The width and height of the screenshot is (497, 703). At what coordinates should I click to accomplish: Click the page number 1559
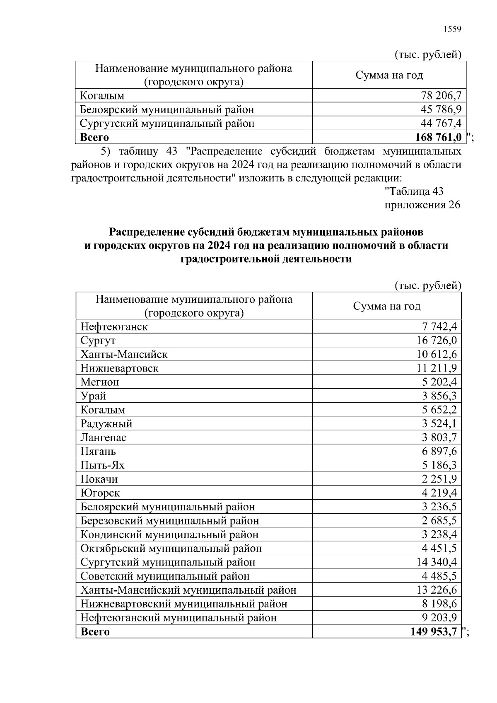[452, 29]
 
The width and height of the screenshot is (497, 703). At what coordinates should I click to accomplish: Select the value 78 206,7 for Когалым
[441, 96]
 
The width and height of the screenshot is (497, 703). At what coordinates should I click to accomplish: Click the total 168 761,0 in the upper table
[438, 137]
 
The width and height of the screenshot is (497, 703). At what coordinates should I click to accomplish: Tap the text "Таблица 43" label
[414, 191]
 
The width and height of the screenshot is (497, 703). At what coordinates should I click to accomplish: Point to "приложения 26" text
[422, 205]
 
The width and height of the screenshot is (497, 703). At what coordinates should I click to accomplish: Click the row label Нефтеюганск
[114, 326]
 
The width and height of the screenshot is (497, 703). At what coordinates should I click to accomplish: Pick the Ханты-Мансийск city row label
[124, 354]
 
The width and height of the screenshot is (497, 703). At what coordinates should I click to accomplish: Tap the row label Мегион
[100, 382]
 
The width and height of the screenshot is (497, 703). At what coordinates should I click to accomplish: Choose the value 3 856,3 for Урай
[439, 396]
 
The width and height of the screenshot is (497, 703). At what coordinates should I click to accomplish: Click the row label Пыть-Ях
[102, 465]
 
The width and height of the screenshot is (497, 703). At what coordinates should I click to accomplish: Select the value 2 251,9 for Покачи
[439, 479]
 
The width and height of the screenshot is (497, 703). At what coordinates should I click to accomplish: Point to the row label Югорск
[100, 493]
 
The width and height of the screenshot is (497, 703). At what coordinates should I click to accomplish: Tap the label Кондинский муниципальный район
[169, 534]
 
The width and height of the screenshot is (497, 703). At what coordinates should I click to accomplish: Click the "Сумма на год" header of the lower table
[386, 306]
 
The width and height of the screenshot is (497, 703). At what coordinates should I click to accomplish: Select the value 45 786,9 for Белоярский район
[441, 109]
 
